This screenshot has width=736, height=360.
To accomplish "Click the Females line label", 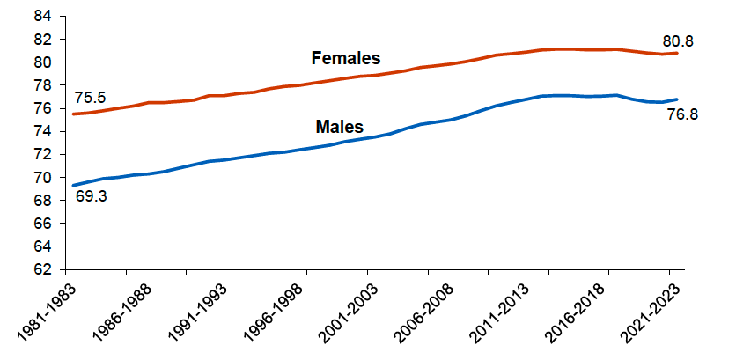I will click(x=345, y=59).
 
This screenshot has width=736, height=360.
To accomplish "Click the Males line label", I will click(x=339, y=127).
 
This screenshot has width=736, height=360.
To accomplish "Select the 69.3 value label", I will click(x=92, y=197).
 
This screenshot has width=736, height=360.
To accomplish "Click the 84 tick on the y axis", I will click(x=43, y=17).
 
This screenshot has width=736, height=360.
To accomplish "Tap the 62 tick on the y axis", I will click(x=43, y=269).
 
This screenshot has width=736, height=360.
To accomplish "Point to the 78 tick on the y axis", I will click(x=43, y=85).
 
